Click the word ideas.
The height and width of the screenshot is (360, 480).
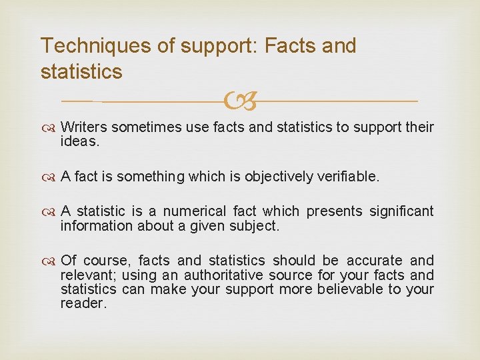[x=79, y=141]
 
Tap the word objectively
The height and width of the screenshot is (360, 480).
[x=279, y=176]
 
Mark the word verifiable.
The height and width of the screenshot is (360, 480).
[x=348, y=176]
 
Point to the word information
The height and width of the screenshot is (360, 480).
[x=96, y=226]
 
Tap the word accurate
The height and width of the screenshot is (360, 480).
[x=374, y=261]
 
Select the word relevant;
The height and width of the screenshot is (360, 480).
[x=87, y=275]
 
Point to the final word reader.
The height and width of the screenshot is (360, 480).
[x=83, y=303]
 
